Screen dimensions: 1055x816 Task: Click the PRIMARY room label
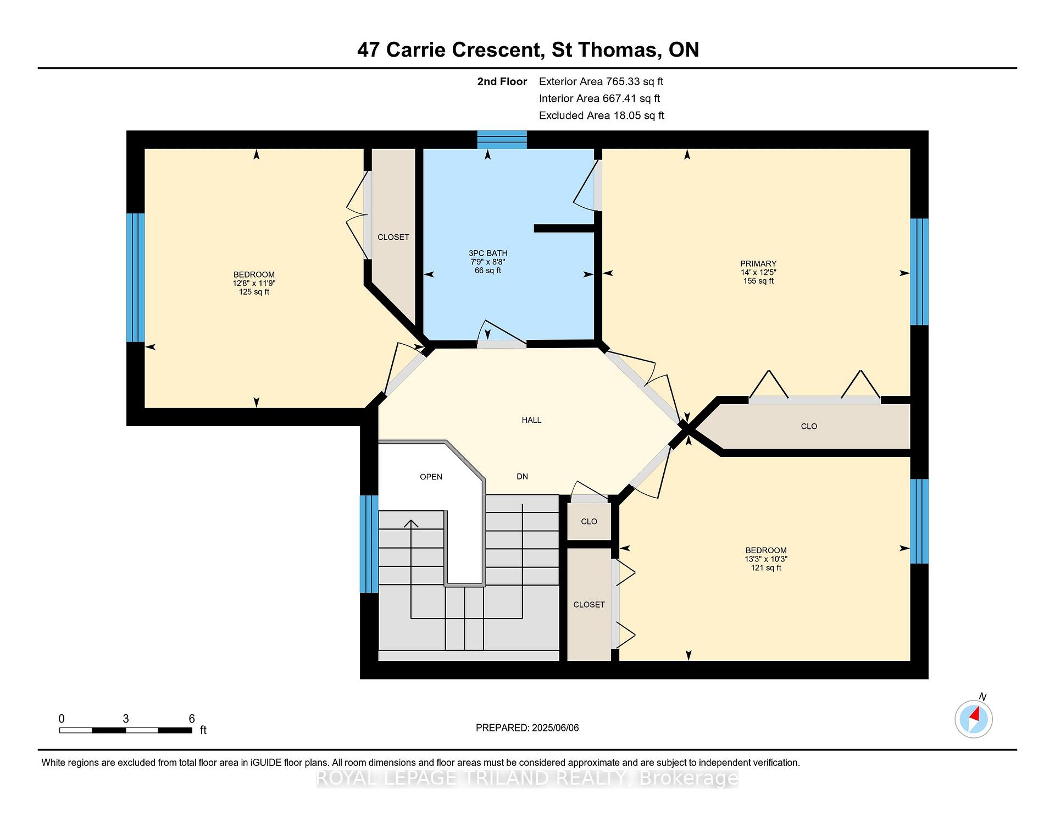pos(758,263)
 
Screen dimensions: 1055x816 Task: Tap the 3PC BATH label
pos(488,253)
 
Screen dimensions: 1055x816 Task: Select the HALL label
pos(531,420)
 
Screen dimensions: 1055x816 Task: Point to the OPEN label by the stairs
pos(431,477)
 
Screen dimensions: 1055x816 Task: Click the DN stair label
pos(522,477)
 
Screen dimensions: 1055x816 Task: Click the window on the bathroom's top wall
pos(502,140)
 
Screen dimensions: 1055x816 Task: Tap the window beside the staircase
pos(369,544)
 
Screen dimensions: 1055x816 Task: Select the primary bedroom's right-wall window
pos(919,272)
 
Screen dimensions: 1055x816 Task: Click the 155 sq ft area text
pos(758,281)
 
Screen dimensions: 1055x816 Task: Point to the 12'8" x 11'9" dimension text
pos(254,283)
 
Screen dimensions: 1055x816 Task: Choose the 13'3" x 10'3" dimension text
pos(766,559)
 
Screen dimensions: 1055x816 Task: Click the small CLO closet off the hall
pos(589,521)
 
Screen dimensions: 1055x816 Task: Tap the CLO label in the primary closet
pos(809,426)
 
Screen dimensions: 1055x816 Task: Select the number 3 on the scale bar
pos(126,719)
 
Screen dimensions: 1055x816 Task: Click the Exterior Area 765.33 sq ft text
pos(601,81)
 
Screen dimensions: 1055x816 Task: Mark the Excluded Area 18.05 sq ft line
pos(602,115)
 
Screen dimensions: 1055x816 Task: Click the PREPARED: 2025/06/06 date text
pos(527,728)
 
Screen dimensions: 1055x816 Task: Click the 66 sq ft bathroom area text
pos(488,271)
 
